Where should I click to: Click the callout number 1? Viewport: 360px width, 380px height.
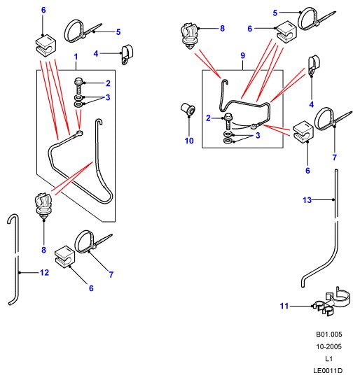pyautogui.click(x=76, y=57)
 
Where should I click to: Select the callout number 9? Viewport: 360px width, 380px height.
pyautogui.click(x=243, y=55)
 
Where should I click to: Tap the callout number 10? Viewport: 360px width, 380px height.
pyautogui.click(x=189, y=141)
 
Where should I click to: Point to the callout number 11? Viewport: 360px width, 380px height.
pyautogui.click(x=284, y=306)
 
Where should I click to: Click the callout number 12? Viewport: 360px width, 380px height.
pyautogui.click(x=44, y=273)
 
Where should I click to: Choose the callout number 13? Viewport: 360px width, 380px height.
pyautogui.click(x=307, y=200)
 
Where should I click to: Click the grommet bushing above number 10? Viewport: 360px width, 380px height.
pyautogui.click(x=188, y=110)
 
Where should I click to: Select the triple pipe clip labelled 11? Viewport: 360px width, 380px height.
pyautogui.click(x=331, y=302)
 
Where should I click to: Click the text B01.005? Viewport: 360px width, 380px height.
pyautogui.click(x=329, y=335)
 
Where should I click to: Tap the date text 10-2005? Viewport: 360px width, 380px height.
pyautogui.click(x=329, y=346)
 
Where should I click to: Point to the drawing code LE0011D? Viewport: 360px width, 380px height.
pyautogui.click(x=328, y=371)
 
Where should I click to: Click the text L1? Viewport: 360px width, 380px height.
pyautogui.click(x=329, y=359)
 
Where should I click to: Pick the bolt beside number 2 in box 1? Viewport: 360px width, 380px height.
pyautogui.click(x=78, y=85)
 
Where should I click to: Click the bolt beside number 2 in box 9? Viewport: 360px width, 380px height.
pyautogui.click(x=228, y=121)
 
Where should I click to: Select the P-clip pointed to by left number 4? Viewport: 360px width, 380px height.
pyautogui.click(x=127, y=55)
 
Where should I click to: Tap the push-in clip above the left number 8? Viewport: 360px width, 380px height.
pyautogui.click(x=43, y=206)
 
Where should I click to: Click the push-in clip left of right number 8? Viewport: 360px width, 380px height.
pyautogui.click(x=190, y=36)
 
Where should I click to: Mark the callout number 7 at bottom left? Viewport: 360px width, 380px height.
pyautogui.click(x=111, y=274)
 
